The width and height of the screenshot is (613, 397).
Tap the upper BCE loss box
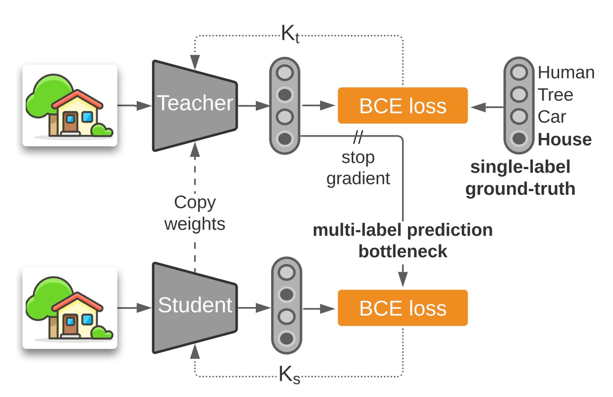(x=402, y=106)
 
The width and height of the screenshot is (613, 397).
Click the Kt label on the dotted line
(x=290, y=34)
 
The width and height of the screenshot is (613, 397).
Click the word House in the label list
(x=565, y=139)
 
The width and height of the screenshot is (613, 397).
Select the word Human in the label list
(x=566, y=72)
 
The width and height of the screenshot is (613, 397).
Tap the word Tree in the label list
(x=556, y=95)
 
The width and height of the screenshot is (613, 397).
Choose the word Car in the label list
(x=552, y=117)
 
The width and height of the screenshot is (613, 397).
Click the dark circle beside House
(x=519, y=138)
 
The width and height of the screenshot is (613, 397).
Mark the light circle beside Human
(x=519, y=72)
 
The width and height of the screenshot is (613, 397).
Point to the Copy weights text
(x=195, y=213)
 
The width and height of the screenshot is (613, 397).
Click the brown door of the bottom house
(x=70, y=326)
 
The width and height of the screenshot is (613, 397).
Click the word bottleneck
(x=402, y=251)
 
